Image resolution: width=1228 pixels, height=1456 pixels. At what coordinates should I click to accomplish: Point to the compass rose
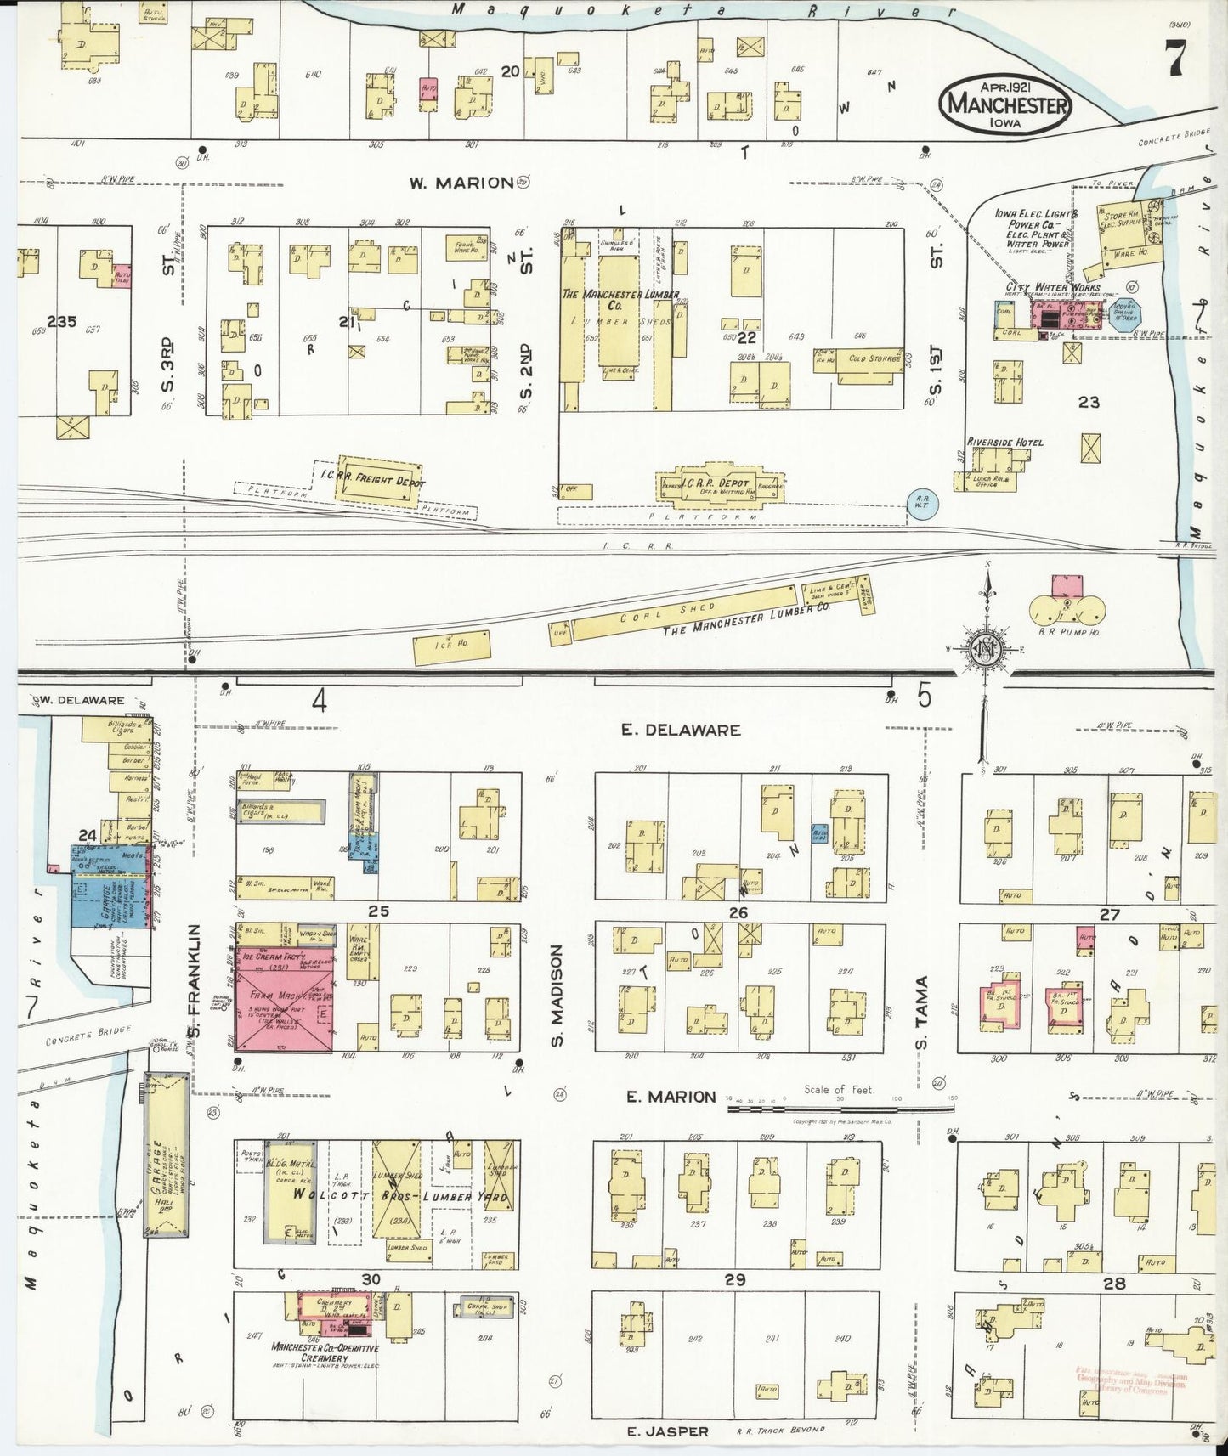(x=988, y=649)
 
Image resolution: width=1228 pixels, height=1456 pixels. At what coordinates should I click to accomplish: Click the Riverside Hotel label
(x=1004, y=443)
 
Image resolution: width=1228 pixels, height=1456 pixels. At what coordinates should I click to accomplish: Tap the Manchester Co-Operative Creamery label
(x=325, y=1352)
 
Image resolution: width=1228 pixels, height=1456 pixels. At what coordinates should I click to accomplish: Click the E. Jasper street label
(x=667, y=1431)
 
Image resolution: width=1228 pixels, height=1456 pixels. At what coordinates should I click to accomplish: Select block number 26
(x=738, y=912)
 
